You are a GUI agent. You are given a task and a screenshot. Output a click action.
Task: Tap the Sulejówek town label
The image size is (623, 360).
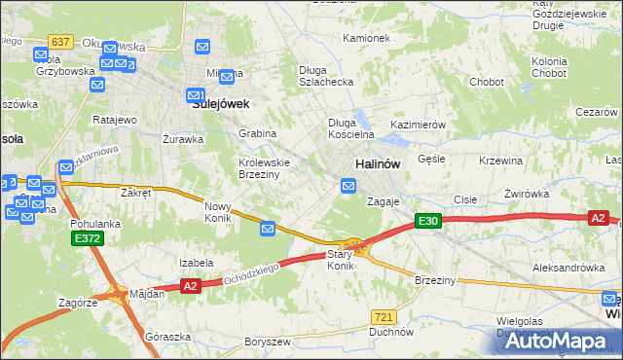[x=221, y=102]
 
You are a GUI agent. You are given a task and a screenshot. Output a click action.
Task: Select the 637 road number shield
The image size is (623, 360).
[x=60, y=42]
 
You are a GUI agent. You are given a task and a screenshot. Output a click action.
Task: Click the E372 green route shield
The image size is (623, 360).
[x=85, y=237]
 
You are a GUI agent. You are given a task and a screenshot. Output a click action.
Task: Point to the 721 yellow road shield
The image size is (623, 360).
[x=384, y=317]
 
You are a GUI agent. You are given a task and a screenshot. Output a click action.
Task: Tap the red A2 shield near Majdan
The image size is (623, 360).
[x=190, y=285]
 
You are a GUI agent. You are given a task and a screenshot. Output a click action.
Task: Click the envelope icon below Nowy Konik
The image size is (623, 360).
[x=269, y=228]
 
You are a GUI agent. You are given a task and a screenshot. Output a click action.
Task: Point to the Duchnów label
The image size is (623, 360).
[x=390, y=332]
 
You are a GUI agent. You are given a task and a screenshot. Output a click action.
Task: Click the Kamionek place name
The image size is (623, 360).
[x=366, y=39]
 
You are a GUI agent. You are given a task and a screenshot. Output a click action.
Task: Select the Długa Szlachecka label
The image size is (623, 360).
[x=325, y=77]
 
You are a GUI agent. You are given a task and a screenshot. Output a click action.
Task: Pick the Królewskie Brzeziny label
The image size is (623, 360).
[x=260, y=167]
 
